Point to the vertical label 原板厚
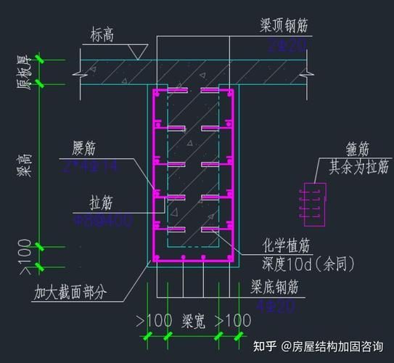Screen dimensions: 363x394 click(22, 72)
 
